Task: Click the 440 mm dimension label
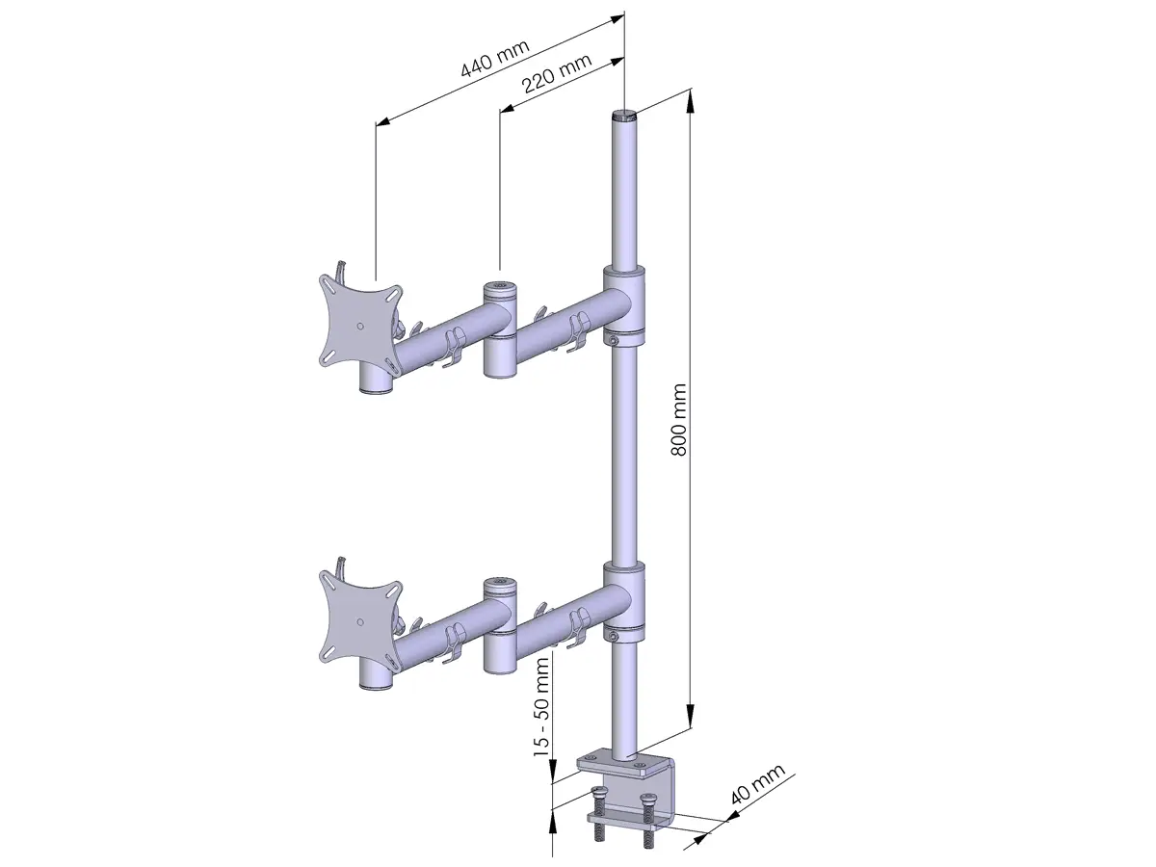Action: pyautogui.click(x=494, y=59)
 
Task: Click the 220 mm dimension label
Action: pyautogui.click(x=556, y=72)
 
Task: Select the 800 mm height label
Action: pyautogui.click(x=679, y=420)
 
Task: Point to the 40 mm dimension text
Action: pyautogui.click(x=758, y=784)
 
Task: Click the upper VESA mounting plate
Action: pyautogui.click(x=360, y=327)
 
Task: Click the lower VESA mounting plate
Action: pyautogui.click(x=360, y=622)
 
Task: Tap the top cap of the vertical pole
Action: pyautogui.click(x=624, y=115)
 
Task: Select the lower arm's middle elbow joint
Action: pyautogui.click(x=500, y=625)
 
